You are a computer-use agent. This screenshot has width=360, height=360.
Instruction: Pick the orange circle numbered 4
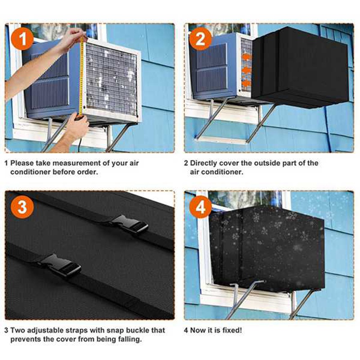201,207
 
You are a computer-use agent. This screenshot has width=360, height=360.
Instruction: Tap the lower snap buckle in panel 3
61,265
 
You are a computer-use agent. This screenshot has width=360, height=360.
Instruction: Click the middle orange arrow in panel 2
246,70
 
